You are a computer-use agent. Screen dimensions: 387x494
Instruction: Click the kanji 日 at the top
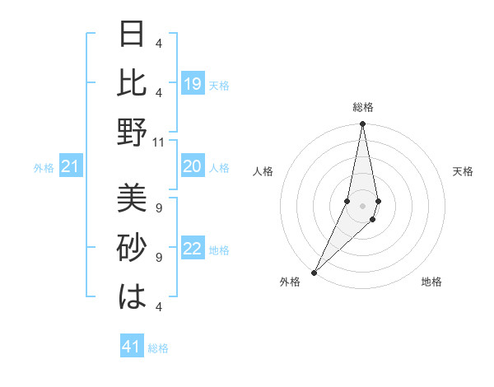click(132, 35)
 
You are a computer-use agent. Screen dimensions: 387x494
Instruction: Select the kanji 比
click(132, 83)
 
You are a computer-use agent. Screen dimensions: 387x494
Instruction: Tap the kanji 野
click(132, 132)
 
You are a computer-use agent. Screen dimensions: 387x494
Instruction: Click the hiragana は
click(132, 296)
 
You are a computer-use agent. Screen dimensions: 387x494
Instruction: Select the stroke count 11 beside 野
click(159, 142)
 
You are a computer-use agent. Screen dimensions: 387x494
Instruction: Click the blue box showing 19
click(193, 84)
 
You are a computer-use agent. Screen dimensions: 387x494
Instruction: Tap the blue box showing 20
click(193, 167)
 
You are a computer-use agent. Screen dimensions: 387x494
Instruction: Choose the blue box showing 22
click(193, 249)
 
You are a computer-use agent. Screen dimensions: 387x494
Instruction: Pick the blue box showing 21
click(71, 168)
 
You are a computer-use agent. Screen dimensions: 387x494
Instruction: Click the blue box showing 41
click(132, 347)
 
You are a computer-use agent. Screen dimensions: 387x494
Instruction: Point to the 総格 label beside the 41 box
click(158, 348)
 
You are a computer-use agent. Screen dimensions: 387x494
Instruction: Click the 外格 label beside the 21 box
click(44, 169)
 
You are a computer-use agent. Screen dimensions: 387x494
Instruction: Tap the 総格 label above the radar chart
click(362, 108)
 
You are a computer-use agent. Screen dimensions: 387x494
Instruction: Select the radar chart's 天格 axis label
click(464, 171)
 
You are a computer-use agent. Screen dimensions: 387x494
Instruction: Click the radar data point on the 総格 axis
click(362, 125)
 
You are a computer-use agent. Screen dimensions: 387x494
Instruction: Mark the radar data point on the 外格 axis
click(315, 272)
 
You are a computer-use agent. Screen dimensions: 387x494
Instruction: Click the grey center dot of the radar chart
click(362, 206)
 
